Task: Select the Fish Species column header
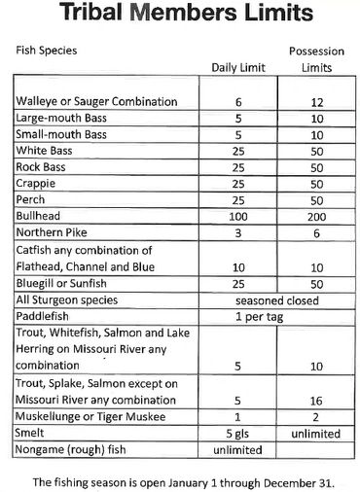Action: [46, 49]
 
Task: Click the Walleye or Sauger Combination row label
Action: [95, 101]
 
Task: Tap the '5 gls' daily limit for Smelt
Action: [238, 434]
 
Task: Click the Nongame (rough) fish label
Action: [74, 451]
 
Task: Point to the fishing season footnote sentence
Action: [180, 480]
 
